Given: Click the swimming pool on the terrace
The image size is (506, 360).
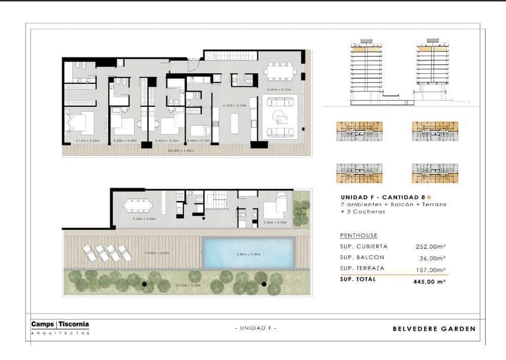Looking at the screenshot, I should point(248,253).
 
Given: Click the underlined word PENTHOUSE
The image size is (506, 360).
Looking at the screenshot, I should point(359,235).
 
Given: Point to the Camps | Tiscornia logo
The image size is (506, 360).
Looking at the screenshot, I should point(60,325).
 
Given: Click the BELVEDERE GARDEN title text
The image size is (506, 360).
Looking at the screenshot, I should point(433,329).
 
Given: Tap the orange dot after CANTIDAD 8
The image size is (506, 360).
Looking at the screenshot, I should point(429,197).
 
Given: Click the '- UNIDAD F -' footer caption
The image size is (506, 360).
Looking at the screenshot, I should point(256,329).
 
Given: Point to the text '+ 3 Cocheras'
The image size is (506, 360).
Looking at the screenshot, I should point(363,211).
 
